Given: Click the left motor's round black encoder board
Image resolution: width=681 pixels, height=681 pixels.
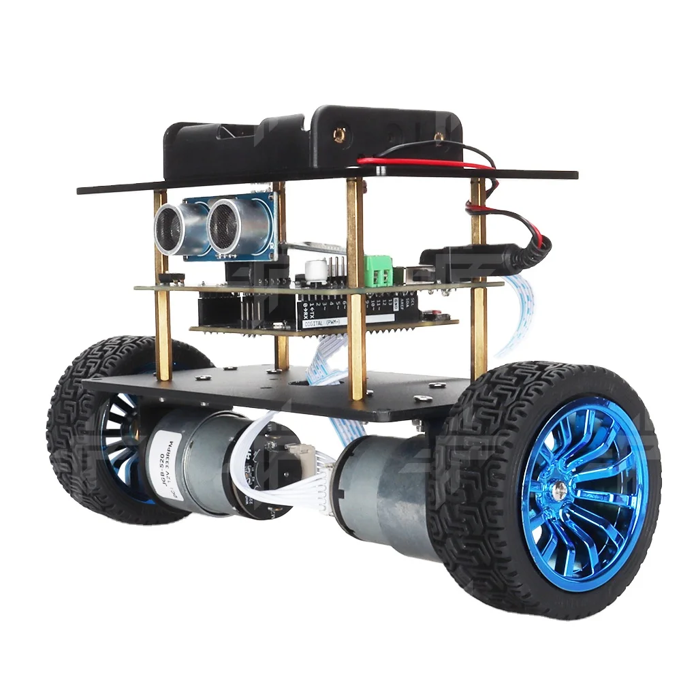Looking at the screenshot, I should [x=252, y=470].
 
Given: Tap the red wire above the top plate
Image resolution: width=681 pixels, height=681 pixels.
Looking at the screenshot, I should [x=436, y=162].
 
